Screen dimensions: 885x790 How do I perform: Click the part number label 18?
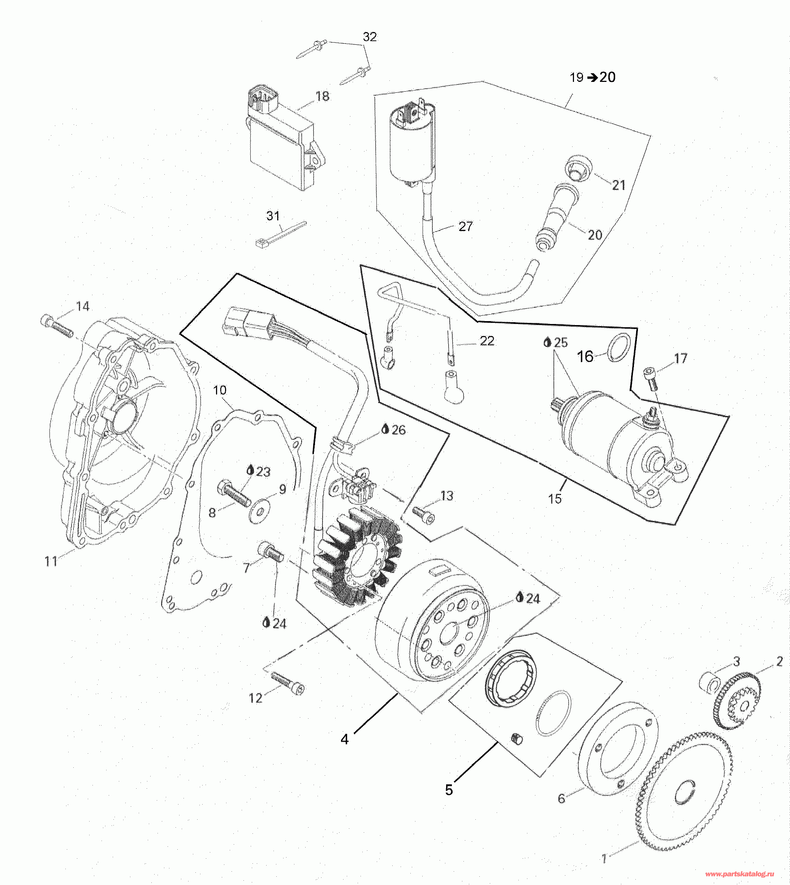click(x=322, y=96)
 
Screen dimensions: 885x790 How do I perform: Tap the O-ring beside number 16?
click(x=618, y=348)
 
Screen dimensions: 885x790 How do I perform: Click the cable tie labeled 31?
click(x=281, y=234)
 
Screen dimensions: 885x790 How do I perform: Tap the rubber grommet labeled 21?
click(x=577, y=168)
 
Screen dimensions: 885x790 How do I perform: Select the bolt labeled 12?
click(x=287, y=683)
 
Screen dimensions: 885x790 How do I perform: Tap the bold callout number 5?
click(x=449, y=790)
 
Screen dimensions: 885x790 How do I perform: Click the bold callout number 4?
click(x=344, y=739)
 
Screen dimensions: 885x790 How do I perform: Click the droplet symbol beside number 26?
click(x=385, y=429)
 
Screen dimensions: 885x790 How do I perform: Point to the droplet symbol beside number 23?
click(x=250, y=470)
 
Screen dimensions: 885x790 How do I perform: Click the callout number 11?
click(x=51, y=561)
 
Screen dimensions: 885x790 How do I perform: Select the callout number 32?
click(x=370, y=37)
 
